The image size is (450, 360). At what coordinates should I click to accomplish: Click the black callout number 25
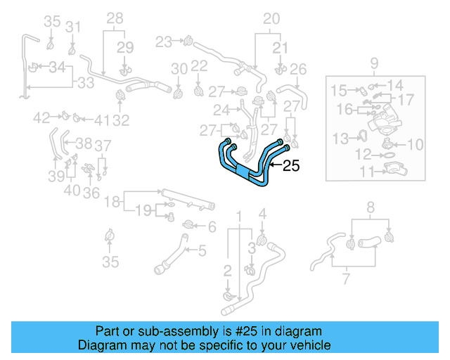coord(292,167)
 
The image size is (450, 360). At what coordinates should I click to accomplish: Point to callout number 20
coord(271,19)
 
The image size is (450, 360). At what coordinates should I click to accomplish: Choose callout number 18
coord(112,202)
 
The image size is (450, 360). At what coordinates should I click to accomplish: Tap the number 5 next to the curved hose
coord(202,250)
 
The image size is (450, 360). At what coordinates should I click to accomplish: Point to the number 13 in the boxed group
coord(340,137)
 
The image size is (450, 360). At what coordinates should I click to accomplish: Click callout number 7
coord(345,280)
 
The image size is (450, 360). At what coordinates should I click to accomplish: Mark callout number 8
coord(371,207)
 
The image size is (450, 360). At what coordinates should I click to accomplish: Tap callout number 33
coord(86,83)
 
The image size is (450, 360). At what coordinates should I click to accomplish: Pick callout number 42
coord(41,117)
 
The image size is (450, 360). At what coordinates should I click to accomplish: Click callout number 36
coord(91,193)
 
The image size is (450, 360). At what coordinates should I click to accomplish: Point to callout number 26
coord(298,69)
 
